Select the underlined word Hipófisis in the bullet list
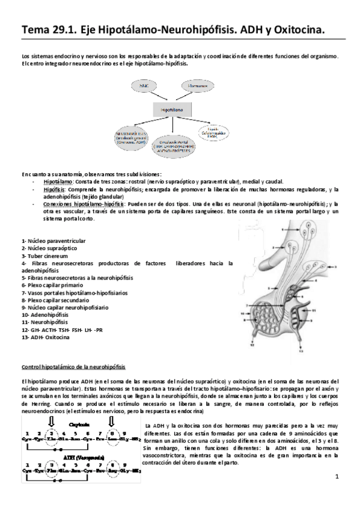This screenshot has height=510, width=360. point(54,189)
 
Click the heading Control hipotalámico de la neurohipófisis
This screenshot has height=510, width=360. point(73,366)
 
